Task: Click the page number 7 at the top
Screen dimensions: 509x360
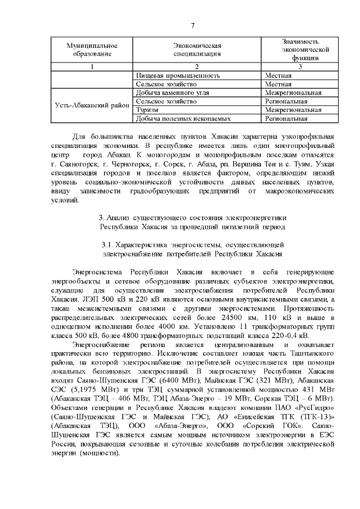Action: coord(192,26)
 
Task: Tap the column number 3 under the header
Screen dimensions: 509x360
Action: coord(300,67)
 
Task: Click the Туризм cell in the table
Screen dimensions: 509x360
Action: coord(148,110)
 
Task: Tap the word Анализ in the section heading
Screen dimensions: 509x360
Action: coord(120,218)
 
